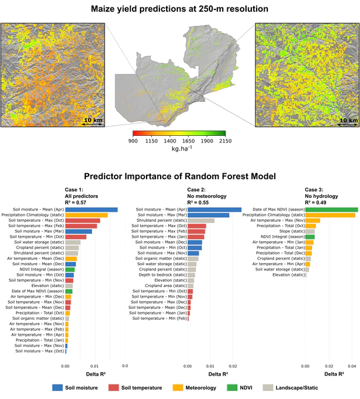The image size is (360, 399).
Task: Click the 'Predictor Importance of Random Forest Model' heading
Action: point(180,178)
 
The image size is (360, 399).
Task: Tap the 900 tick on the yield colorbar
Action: point(133,141)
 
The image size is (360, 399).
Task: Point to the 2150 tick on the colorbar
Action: point(225,141)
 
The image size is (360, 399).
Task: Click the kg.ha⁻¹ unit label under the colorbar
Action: point(179,149)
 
